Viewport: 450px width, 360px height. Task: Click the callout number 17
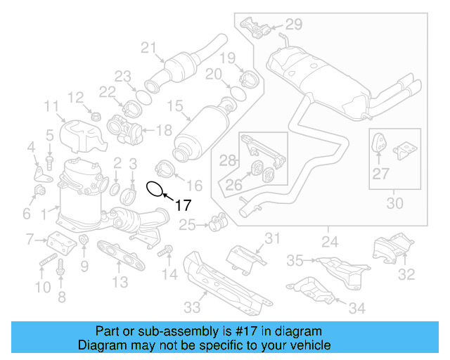[183, 205]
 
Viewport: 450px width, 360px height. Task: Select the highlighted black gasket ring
[155, 188]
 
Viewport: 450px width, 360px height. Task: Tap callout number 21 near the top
[148, 48]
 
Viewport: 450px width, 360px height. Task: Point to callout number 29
[293, 25]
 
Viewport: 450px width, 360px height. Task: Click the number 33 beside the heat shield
[192, 307]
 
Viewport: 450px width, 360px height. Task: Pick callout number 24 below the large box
[329, 243]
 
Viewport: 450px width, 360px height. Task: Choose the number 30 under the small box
[395, 204]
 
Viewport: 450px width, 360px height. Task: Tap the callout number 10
[43, 287]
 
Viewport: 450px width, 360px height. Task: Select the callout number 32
[406, 274]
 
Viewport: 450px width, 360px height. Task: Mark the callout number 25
[186, 225]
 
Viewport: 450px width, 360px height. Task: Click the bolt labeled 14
[167, 251]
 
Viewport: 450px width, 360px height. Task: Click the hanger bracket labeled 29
[257, 29]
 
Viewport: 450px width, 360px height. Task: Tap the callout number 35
[294, 261]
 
